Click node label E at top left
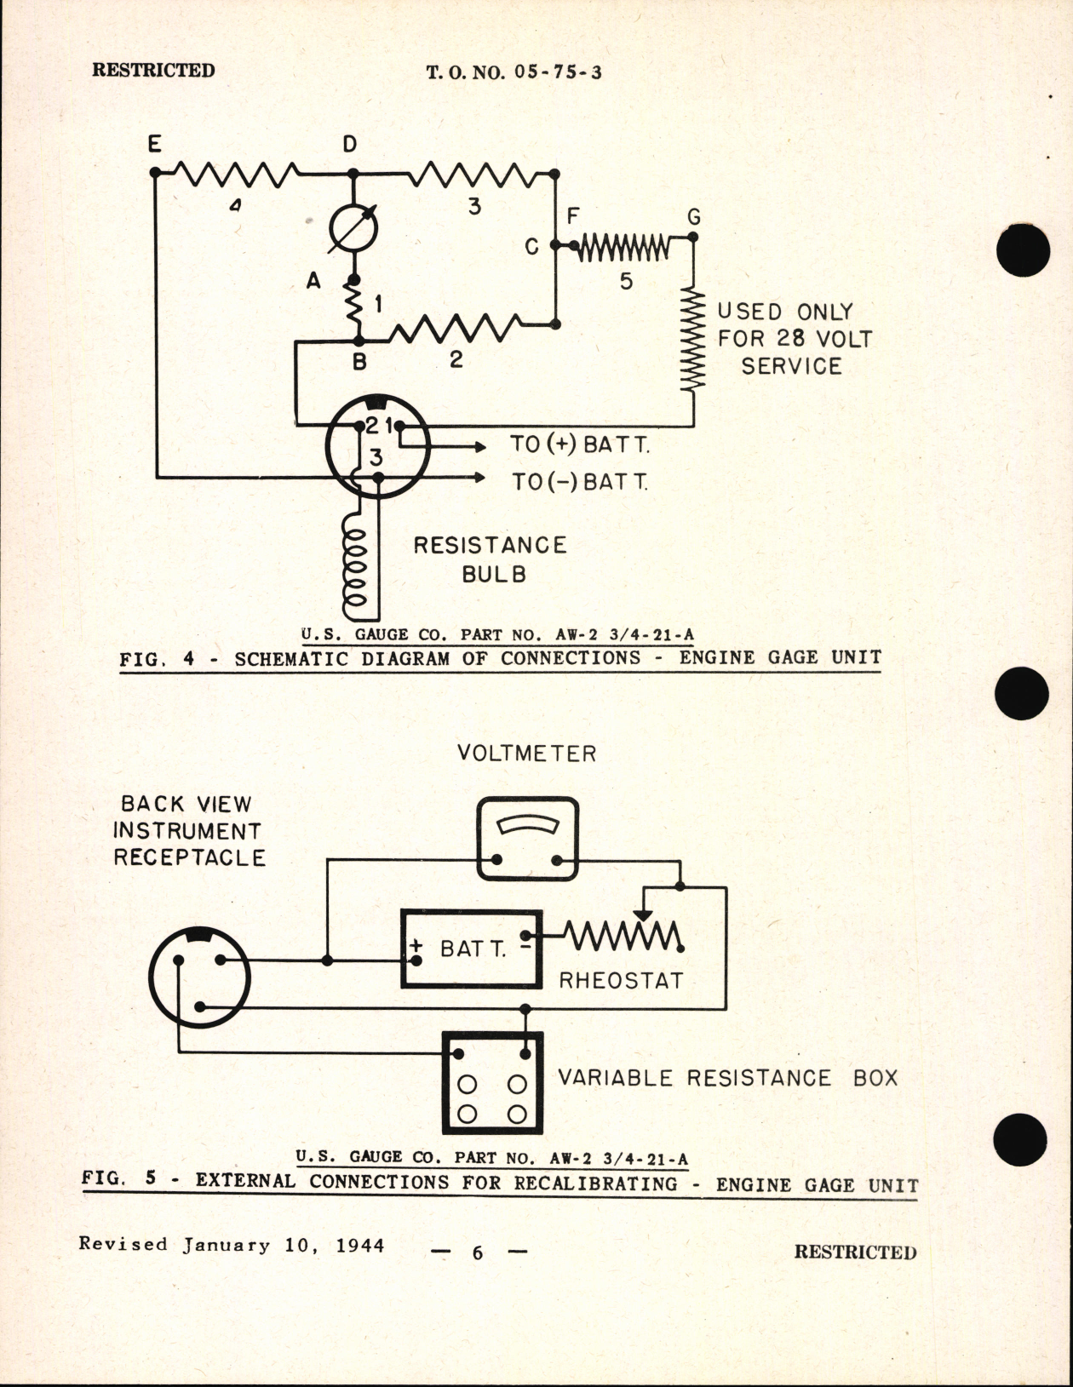154,144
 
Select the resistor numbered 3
473,175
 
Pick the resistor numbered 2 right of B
455,329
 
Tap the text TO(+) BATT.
580,444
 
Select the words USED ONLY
784,312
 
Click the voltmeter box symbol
528,839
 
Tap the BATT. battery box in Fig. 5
471,949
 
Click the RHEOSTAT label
621,981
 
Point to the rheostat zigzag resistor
623,937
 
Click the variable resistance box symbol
492,1083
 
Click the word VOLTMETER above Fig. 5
526,754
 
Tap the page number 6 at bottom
477,1252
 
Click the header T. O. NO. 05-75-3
514,72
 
